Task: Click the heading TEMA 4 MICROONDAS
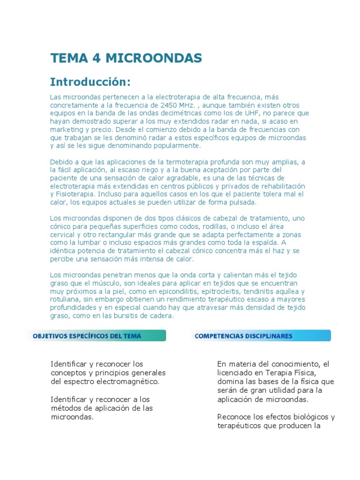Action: coord(126,58)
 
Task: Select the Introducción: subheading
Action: coord(90,82)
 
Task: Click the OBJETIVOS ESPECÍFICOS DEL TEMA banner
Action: coord(96,336)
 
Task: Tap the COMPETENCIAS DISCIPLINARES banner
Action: coord(261,336)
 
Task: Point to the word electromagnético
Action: coord(128,381)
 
